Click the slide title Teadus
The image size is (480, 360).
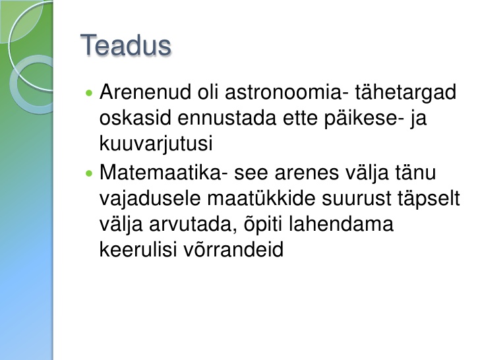pyautogui.click(x=125, y=45)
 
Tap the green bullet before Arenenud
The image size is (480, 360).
pyautogui.click(x=89, y=93)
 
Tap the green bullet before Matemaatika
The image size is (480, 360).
pyautogui.click(x=89, y=174)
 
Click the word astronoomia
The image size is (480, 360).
pyautogui.click(x=283, y=92)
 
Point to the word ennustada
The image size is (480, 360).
pyautogui.click(x=227, y=118)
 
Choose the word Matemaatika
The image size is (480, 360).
pyautogui.click(x=160, y=172)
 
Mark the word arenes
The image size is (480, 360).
pyautogui.click(x=307, y=173)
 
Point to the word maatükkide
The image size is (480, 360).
pyautogui.click(x=261, y=198)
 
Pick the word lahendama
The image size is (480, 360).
pyautogui.click(x=341, y=224)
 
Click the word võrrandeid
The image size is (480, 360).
pyautogui.click(x=234, y=249)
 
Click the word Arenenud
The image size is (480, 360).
pyautogui.click(x=145, y=92)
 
